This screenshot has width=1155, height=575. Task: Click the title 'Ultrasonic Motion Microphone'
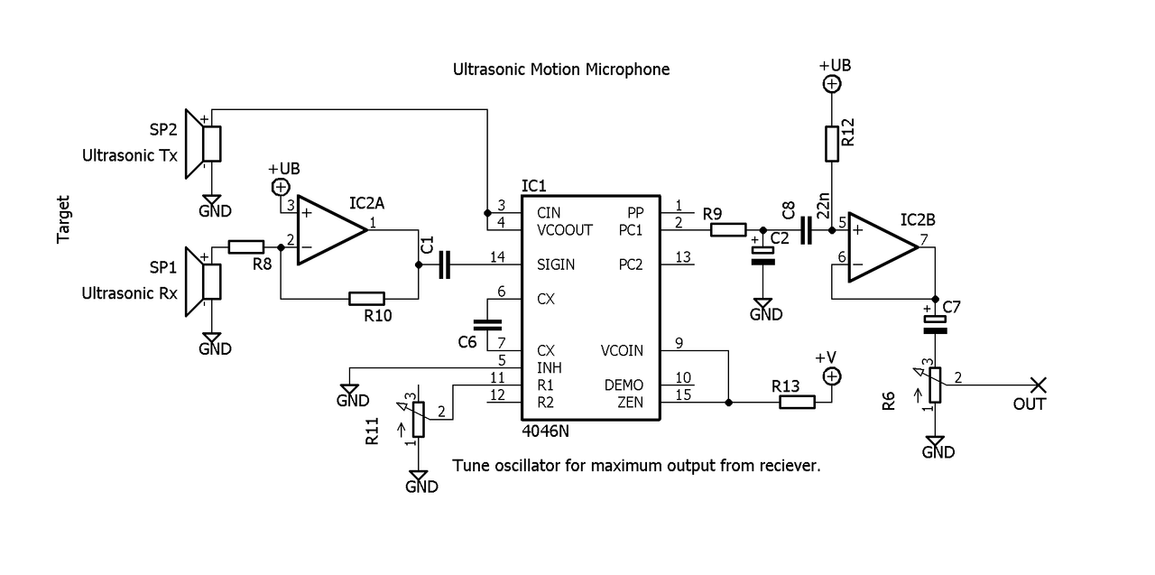coord(561,70)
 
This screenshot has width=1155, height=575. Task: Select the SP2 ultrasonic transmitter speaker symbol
coord(206,143)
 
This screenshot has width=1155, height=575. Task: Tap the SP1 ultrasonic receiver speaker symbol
coord(206,281)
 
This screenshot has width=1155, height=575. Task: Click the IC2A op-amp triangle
coord(330,230)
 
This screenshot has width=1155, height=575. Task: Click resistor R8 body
coord(245,246)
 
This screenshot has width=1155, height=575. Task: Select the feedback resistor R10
coord(366,298)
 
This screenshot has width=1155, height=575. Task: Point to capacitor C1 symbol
coord(443,265)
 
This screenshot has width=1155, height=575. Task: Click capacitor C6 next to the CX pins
coord(487,323)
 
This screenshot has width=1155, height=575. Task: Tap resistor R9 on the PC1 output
coord(728,229)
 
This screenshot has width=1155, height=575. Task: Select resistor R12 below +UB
coord(832,144)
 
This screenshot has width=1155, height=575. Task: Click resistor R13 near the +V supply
coord(797,403)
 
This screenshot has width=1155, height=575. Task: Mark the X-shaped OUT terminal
coord(1038,385)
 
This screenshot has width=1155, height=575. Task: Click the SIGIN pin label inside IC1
coord(556,265)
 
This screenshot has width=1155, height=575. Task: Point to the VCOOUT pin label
coord(564,230)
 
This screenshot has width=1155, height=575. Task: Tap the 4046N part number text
coord(546,431)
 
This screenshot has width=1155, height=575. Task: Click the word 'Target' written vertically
coord(64,219)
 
